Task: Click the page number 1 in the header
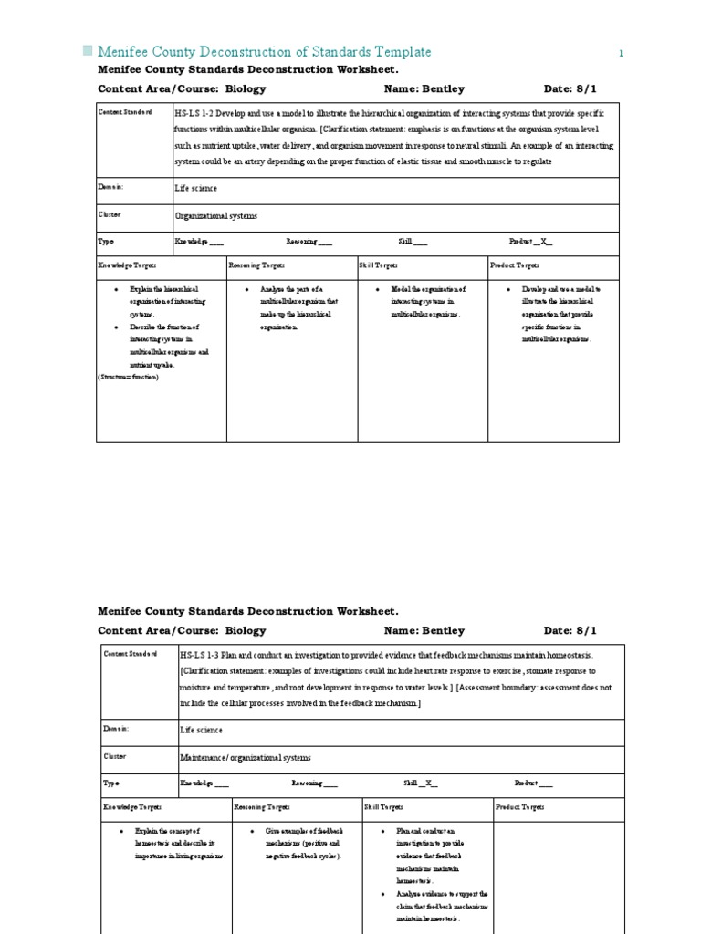click(622, 54)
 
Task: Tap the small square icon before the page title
click(88, 51)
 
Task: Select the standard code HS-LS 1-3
click(200, 656)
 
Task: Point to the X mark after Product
click(544, 242)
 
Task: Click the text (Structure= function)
click(129, 377)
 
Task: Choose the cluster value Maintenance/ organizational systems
click(246, 757)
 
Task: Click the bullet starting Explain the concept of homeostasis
click(173, 845)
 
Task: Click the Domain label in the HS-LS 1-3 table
click(115, 729)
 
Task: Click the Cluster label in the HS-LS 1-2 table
click(110, 214)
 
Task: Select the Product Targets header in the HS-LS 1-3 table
click(519, 807)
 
